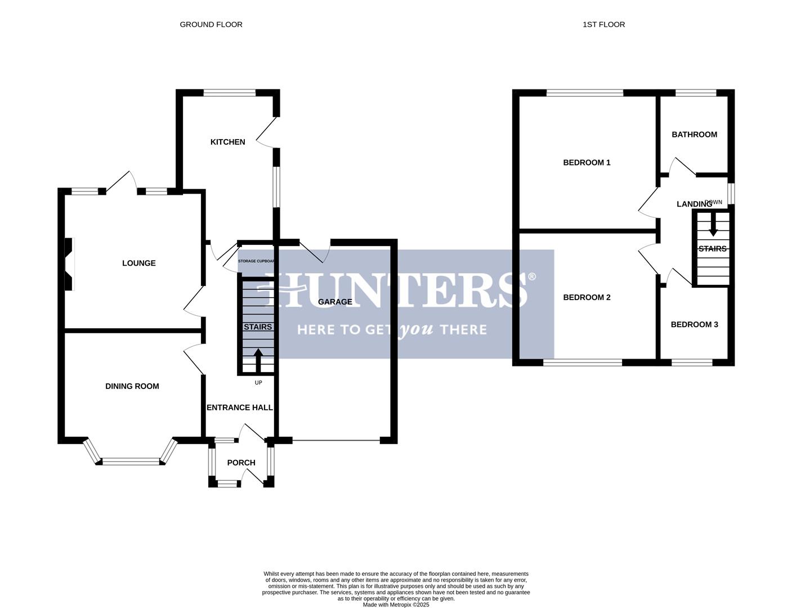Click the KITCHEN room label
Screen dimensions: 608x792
(227, 142)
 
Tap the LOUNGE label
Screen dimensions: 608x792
(139, 263)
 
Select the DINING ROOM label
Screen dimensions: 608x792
(132, 386)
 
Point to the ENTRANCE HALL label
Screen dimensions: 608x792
(240, 408)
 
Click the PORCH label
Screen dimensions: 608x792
(241, 463)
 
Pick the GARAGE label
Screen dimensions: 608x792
(335, 302)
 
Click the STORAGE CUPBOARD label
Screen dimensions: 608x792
(256, 261)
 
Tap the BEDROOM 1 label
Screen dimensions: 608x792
(587, 163)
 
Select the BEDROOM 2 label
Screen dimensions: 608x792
(587, 297)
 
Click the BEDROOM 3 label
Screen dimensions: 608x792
(694, 324)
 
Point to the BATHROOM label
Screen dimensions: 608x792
(694, 135)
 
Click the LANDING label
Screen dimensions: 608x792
(694, 204)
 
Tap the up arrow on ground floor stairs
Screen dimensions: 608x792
(258, 359)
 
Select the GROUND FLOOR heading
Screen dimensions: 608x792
(211, 24)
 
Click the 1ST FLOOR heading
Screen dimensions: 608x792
(603, 24)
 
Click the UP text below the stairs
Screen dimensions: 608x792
(258, 383)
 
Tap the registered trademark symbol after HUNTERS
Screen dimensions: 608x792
(532, 276)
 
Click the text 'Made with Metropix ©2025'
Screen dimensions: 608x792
(396, 605)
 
